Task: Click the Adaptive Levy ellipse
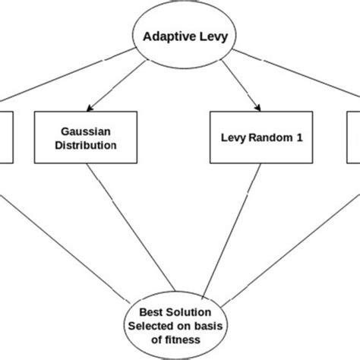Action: pos(180,36)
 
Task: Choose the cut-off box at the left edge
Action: pos(6,137)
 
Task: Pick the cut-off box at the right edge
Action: pos(354,137)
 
